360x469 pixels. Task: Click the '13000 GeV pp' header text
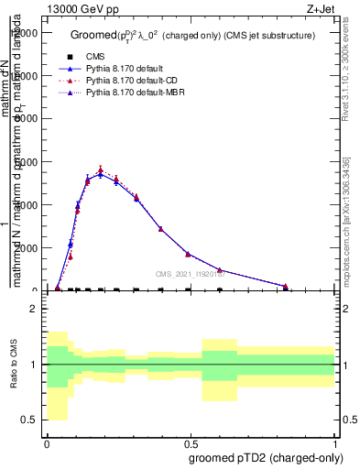point(76,8)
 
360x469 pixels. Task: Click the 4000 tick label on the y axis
point(27,205)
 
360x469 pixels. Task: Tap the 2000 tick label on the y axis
point(27,248)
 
